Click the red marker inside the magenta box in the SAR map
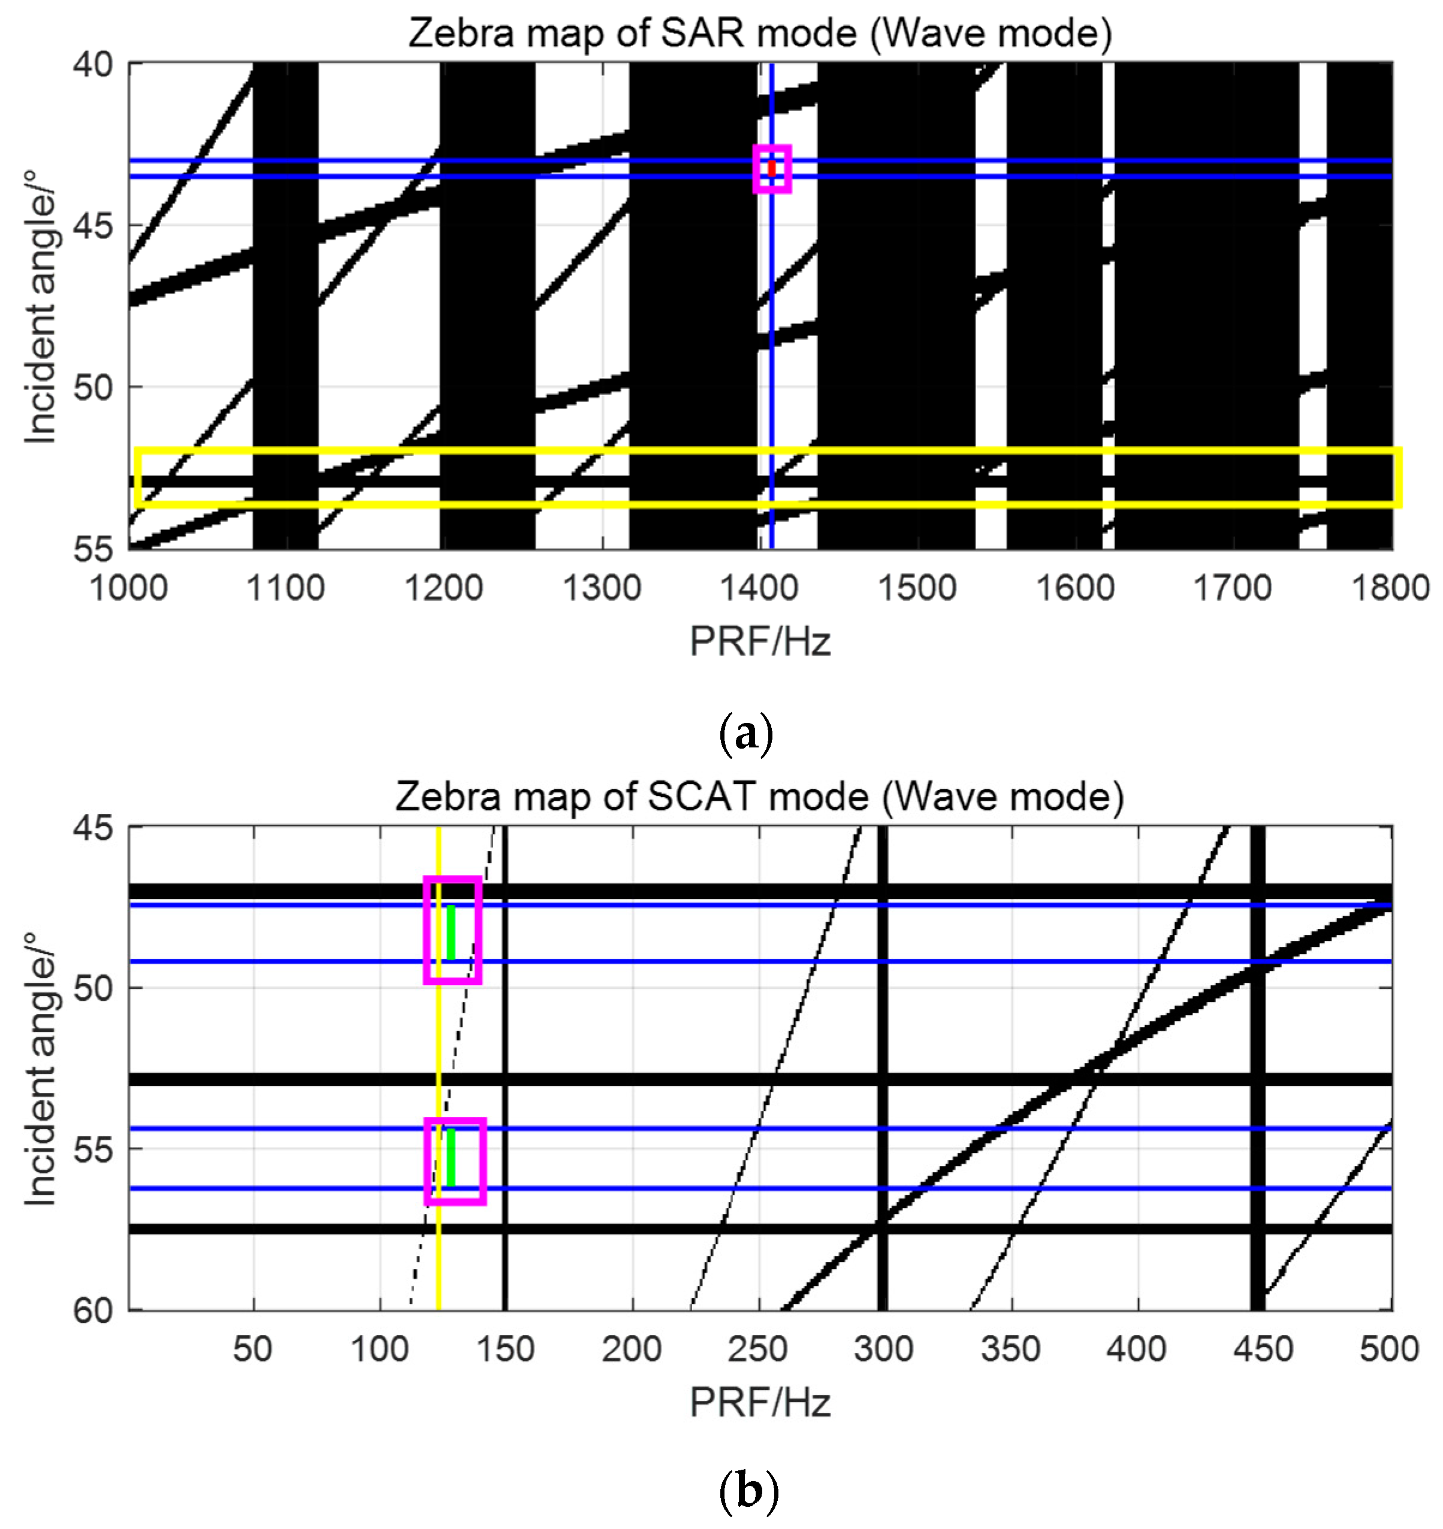click(x=771, y=168)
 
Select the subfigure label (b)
click(x=747, y=1492)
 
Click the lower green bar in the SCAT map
click(x=451, y=1158)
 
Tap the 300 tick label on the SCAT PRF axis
click(x=883, y=1350)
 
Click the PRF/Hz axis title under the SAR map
click(x=760, y=641)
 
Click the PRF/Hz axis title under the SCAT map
click(x=760, y=1402)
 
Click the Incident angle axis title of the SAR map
click(x=40, y=306)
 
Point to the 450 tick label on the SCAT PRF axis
click(x=1262, y=1350)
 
